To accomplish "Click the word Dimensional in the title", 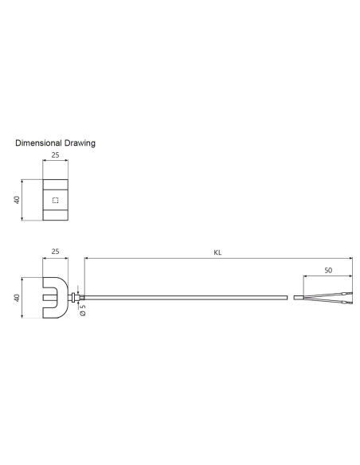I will [x=38, y=143].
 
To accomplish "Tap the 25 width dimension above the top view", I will [x=54, y=156].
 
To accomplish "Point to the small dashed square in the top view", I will [x=54, y=199].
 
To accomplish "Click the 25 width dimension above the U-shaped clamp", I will [x=54, y=252].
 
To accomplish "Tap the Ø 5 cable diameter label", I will [x=83, y=311].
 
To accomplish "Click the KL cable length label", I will [x=217, y=252].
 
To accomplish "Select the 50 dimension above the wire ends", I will [x=327, y=271].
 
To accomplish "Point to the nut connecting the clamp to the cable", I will [x=74, y=299].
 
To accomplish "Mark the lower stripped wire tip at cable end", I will [x=346, y=303].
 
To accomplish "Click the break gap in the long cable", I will [x=290, y=299].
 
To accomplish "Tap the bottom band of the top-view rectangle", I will [x=54, y=216].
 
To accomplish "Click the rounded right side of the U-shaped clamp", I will [x=64, y=298].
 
